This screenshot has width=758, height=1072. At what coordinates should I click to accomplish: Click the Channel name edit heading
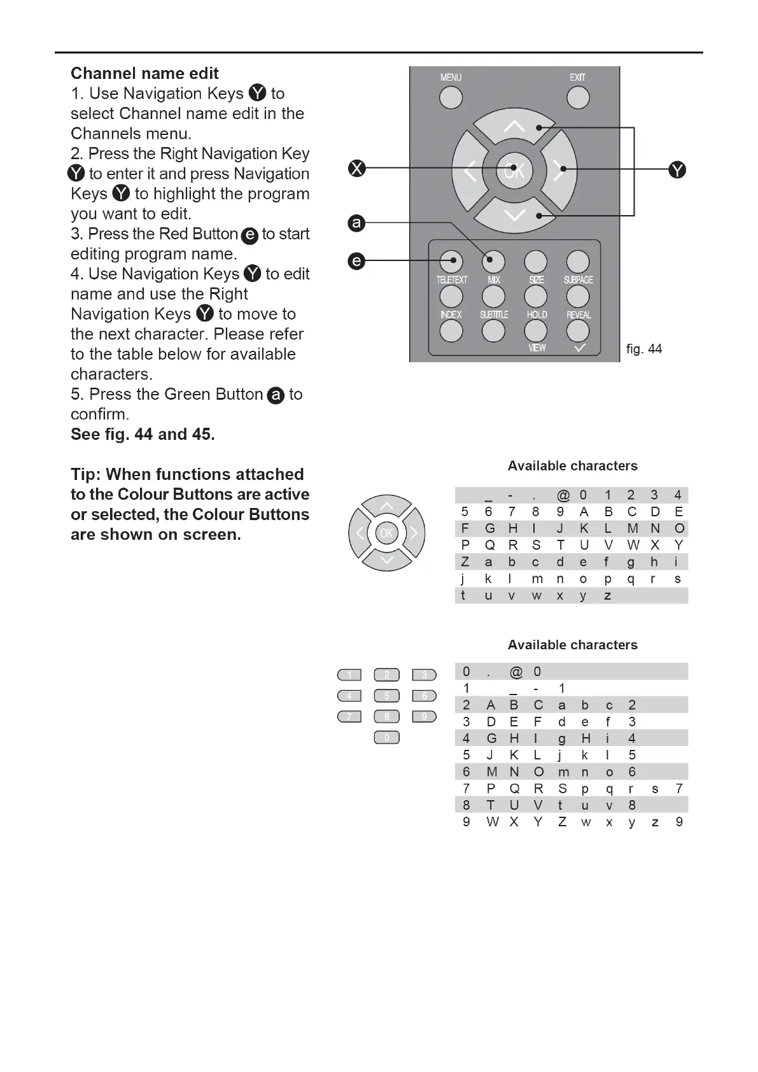(144, 73)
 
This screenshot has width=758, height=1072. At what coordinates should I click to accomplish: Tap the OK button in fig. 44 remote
(514, 170)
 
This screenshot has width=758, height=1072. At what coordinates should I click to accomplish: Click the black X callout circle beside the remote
(357, 168)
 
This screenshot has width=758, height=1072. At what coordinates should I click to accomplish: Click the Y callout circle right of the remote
(677, 170)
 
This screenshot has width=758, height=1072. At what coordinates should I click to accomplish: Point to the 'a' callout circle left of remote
(356, 223)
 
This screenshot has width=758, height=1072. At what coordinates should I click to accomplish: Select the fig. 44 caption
(643, 349)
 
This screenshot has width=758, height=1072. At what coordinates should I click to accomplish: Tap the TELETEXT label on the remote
(452, 280)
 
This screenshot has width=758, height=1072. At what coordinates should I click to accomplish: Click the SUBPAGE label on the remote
(578, 280)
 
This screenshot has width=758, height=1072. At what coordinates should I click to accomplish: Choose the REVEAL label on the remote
(579, 314)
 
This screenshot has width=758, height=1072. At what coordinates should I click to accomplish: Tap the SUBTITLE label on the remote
(494, 314)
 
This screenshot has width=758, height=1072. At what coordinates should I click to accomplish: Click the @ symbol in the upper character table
(563, 495)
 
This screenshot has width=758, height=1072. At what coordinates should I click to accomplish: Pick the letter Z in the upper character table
(465, 562)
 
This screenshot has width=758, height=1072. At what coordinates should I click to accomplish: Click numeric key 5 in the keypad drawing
(386, 696)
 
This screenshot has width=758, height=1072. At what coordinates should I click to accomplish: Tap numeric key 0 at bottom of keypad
(386, 738)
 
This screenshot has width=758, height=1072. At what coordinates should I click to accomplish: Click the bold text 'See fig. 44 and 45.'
(143, 434)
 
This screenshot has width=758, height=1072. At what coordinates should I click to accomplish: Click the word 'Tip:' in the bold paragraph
(86, 474)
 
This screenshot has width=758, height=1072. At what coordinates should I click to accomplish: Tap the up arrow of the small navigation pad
(387, 507)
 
